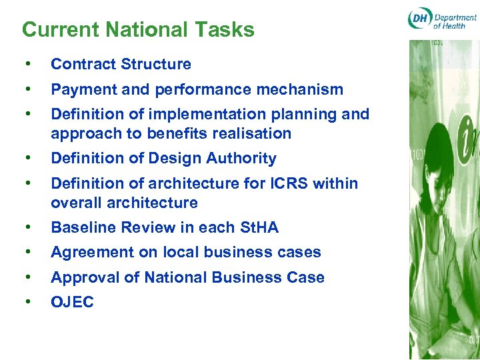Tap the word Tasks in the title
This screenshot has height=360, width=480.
click(227, 30)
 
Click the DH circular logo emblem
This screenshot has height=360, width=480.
click(419, 19)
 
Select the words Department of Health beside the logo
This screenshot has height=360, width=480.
click(455, 19)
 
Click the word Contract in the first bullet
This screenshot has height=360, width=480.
click(79, 65)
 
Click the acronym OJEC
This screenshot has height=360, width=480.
click(72, 302)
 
